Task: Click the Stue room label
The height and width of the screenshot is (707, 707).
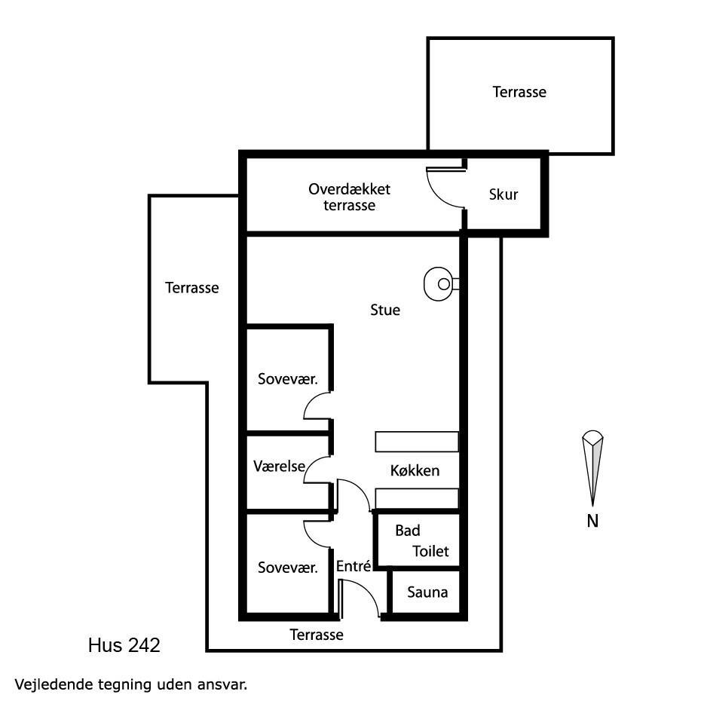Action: (x=385, y=310)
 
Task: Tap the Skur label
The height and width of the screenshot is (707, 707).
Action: (x=503, y=194)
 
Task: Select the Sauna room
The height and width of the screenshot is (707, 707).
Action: (x=426, y=592)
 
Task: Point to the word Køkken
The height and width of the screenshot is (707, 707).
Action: (x=415, y=471)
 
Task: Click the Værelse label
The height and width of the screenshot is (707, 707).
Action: (x=280, y=467)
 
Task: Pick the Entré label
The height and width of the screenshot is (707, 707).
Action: (x=353, y=566)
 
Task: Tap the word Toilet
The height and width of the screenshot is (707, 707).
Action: (x=430, y=551)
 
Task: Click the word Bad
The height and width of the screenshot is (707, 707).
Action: (x=408, y=531)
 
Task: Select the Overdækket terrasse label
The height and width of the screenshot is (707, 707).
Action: (x=350, y=197)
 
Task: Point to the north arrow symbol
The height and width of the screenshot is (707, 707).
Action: (x=592, y=468)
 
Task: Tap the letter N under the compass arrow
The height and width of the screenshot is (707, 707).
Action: (x=592, y=522)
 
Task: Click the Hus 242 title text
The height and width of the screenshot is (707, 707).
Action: (x=124, y=645)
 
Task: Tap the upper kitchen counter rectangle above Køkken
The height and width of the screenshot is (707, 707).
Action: (x=417, y=442)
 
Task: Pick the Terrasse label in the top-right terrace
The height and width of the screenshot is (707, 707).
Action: (x=519, y=92)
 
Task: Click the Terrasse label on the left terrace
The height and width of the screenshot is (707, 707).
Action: (x=192, y=288)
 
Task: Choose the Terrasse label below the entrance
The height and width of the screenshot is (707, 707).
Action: (x=317, y=635)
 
